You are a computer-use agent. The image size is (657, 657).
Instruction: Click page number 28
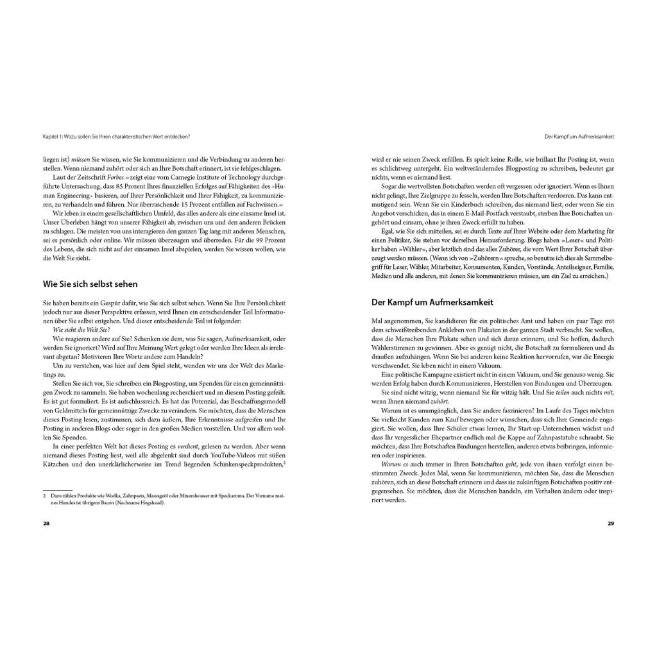[46, 524]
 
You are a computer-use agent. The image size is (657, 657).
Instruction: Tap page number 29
[611, 524]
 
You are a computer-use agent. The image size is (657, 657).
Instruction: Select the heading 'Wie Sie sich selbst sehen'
[90, 283]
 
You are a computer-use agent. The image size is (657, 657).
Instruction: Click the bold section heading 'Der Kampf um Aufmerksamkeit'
[432, 302]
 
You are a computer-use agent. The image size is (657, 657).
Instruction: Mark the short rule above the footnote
[57, 490]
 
